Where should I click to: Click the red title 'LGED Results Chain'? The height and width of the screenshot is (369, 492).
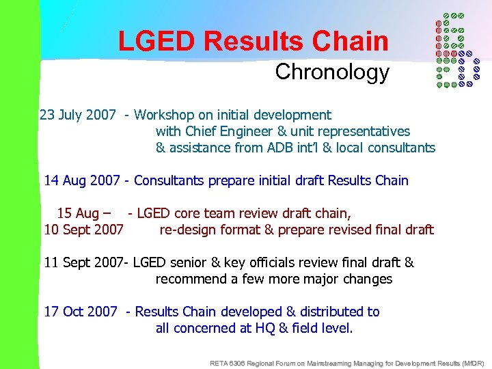[x=253, y=41]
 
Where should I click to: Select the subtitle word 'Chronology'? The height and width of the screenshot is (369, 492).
[x=332, y=72]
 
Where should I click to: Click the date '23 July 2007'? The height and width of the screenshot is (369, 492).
[x=78, y=115]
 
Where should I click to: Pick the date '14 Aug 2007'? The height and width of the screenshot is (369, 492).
[x=81, y=180]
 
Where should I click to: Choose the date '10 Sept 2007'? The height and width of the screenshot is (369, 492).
[x=84, y=230]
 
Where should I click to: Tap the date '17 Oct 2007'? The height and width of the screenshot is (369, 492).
[x=81, y=312]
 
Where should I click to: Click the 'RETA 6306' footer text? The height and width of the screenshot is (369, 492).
[x=229, y=363]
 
